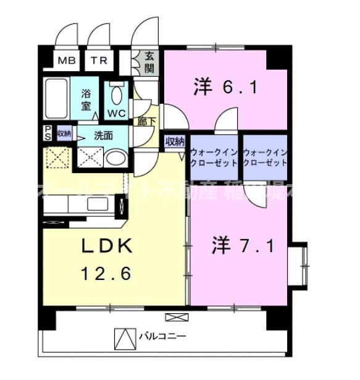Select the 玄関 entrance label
point(150,62)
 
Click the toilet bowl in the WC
point(116,95)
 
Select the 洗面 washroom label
point(103,135)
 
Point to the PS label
point(48,133)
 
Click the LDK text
point(107,246)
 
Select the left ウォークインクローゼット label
point(214,158)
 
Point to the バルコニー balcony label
point(161,337)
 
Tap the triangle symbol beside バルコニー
point(124,337)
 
